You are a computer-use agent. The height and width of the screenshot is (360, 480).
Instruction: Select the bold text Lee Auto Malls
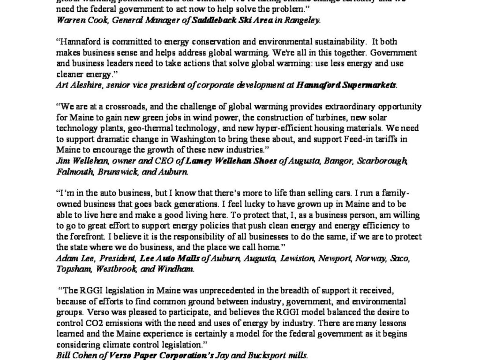pyautogui.click(x=169, y=259)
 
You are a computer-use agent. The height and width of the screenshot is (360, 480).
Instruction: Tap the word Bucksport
pyautogui.click(x=265, y=356)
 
